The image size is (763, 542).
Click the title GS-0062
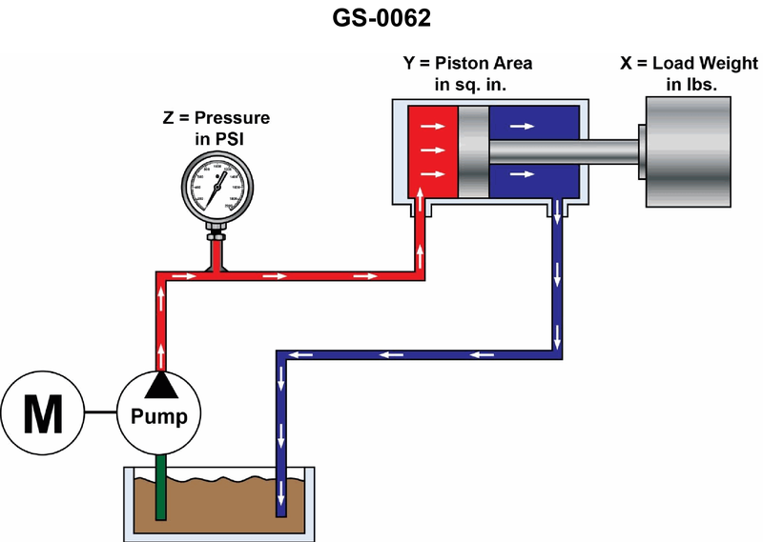381,19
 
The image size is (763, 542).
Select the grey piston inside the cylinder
474,150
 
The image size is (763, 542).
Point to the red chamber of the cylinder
431,150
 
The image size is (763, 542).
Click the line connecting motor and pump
100,413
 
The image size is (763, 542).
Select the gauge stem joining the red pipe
217,250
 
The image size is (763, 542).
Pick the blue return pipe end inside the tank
281,500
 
